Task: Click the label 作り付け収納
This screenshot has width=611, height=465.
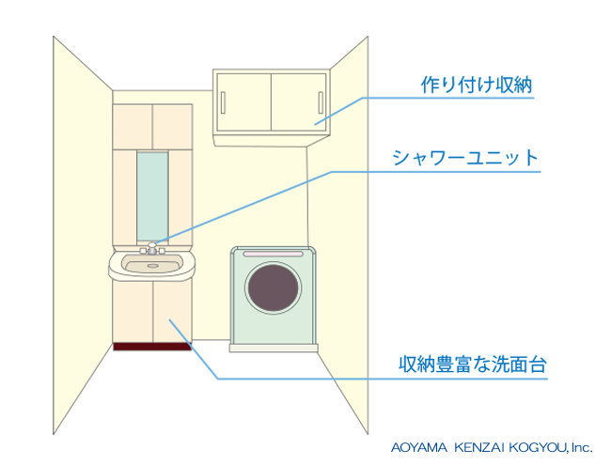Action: pos(477,85)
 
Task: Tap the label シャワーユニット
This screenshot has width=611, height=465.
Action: pos(467,157)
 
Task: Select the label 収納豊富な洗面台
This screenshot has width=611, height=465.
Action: pos(472,363)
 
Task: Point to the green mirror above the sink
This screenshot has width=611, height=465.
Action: pos(151,197)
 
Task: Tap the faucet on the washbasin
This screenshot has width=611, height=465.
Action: pos(151,249)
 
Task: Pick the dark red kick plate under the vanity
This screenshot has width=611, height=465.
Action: pos(151,346)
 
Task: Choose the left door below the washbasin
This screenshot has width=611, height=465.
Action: pos(132,311)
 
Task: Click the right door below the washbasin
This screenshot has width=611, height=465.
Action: pos(171,311)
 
